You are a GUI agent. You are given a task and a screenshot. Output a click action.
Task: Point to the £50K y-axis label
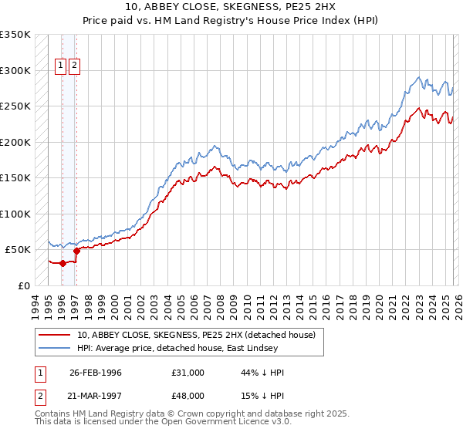tap(17, 250)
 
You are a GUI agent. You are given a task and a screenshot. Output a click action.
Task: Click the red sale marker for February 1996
tap(63, 263)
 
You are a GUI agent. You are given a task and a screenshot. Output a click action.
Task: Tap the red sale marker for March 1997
tap(76, 251)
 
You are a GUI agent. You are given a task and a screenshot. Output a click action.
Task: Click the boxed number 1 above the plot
tap(60, 66)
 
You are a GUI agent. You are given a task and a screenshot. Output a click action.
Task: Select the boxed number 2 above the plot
tap(74, 66)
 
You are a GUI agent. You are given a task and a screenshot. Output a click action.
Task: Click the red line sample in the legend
tap(55, 336)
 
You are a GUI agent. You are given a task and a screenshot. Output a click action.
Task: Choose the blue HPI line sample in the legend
tap(55, 349)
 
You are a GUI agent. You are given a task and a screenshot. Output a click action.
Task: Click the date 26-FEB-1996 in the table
tap(95, 373)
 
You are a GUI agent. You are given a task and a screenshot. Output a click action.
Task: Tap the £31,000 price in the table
tap(188, 373)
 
